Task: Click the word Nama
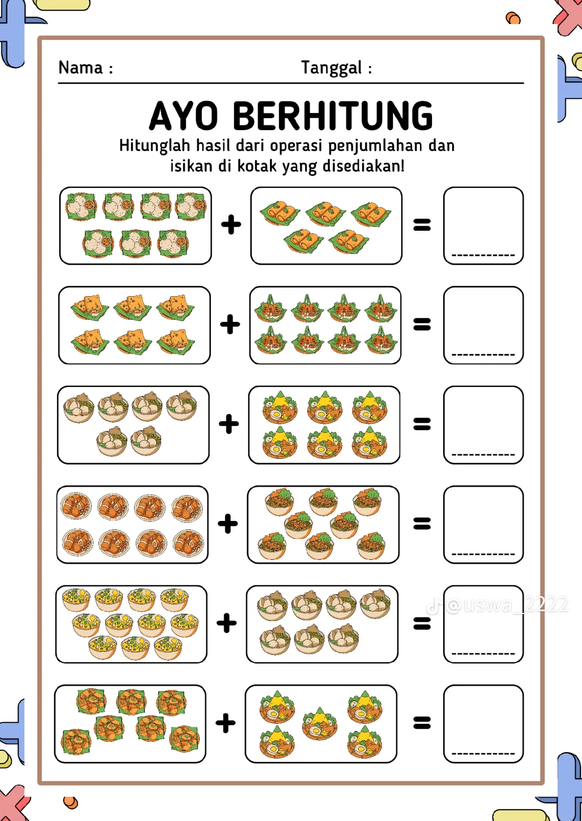[x=81, y=68]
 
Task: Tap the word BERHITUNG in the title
[x=333, y=116]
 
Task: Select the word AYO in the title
[x=183, y=116]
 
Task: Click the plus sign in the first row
[x=231, y=225]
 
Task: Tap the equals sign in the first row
[x=422, y=225]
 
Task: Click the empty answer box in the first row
[x=483, y=226]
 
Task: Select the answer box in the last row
[x=483, y=724]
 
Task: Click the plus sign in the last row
[x=226, y=723]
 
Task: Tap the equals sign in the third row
[x=422, y=424]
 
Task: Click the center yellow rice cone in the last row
[x=319, y=724]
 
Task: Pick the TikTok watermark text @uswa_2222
[x=507, y=605]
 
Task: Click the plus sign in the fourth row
[x=228, y=524]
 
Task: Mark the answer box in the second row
[x=483, y=325]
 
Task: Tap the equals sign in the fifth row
[x=422, y=623]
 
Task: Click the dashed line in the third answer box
[x=483, y=454]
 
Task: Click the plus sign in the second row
[x=230, y=324]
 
